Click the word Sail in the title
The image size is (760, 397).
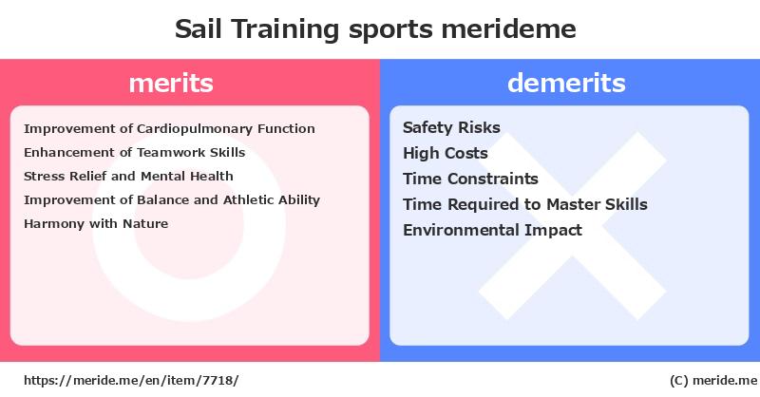point(199,28)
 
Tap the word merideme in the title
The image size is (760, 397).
point(508,28)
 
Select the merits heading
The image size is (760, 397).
point(171,83)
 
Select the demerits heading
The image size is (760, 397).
point(566,83)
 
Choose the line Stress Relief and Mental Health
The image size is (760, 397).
point(128,176)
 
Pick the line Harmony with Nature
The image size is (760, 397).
point(96,223)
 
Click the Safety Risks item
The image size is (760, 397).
point(451,127)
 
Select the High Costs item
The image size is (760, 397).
point(445,153)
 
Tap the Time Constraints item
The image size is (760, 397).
point(470,179)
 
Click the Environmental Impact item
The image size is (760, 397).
point(492,230)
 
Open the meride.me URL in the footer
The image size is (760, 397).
point(131,381)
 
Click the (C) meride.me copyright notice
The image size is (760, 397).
point(713,381)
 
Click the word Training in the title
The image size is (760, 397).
point(285,29)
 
